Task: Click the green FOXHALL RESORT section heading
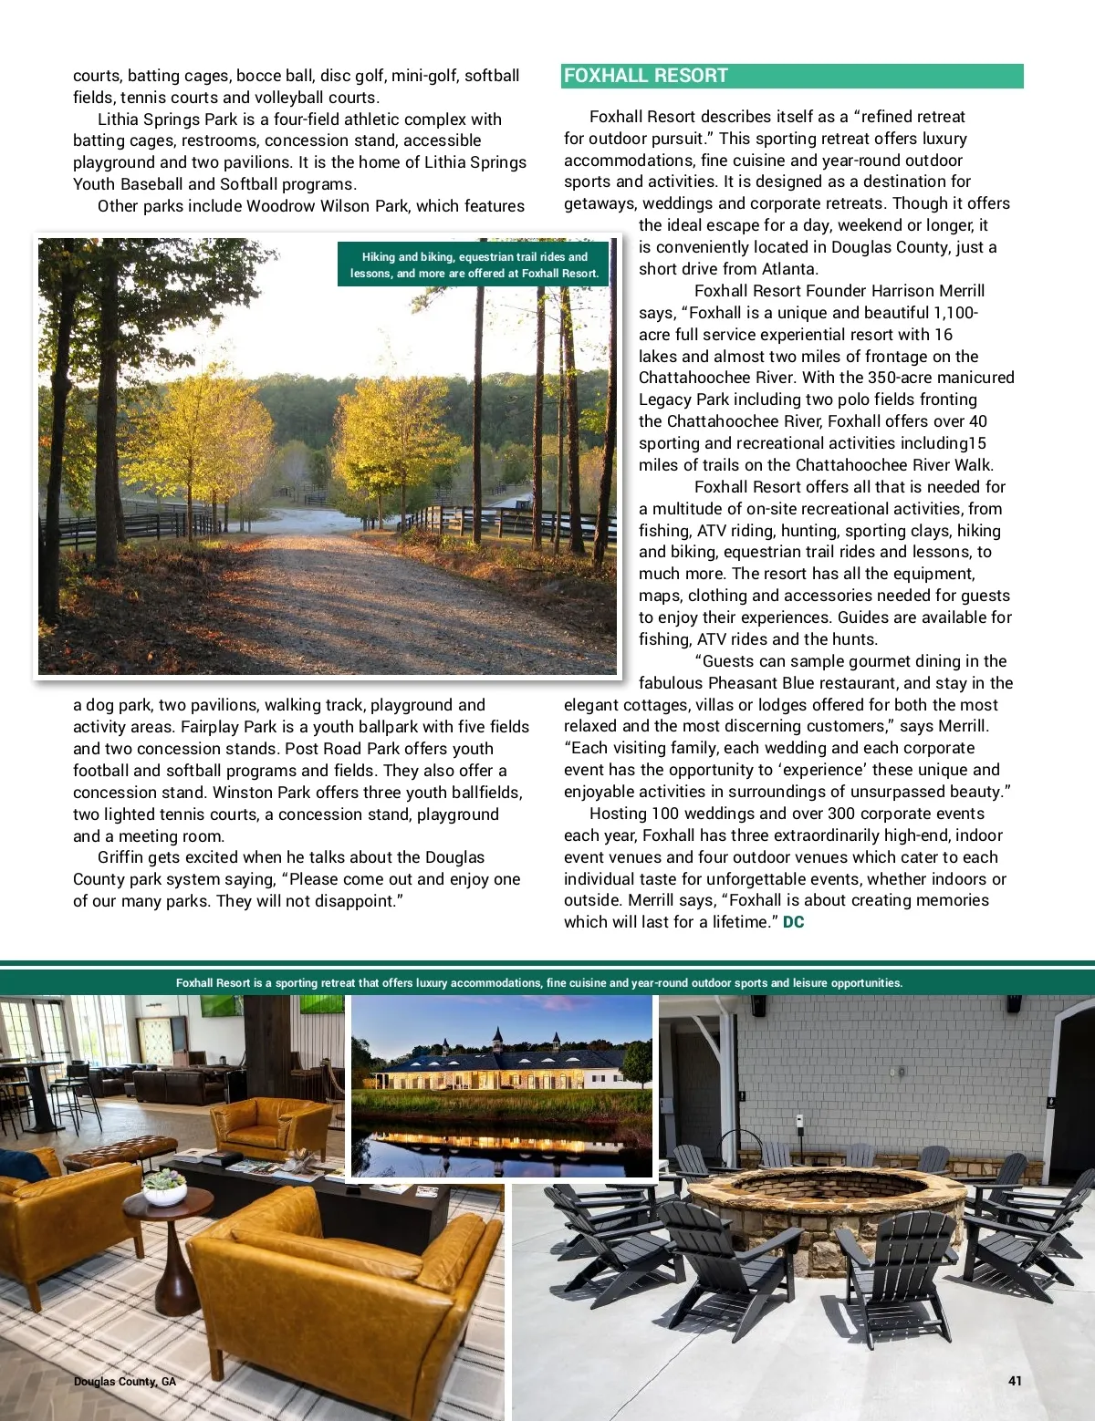[x=646, y=76]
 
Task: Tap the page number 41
[x=1015, y=1380]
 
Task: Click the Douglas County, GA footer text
[x=125, y=1381]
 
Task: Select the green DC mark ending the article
[x=794, y=922]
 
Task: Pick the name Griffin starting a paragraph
[x=122, y=857]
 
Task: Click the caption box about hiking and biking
[x=474, y=264]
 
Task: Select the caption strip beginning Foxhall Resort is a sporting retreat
[x=538, y=982]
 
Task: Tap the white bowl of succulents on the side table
[x=165, y=1188]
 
